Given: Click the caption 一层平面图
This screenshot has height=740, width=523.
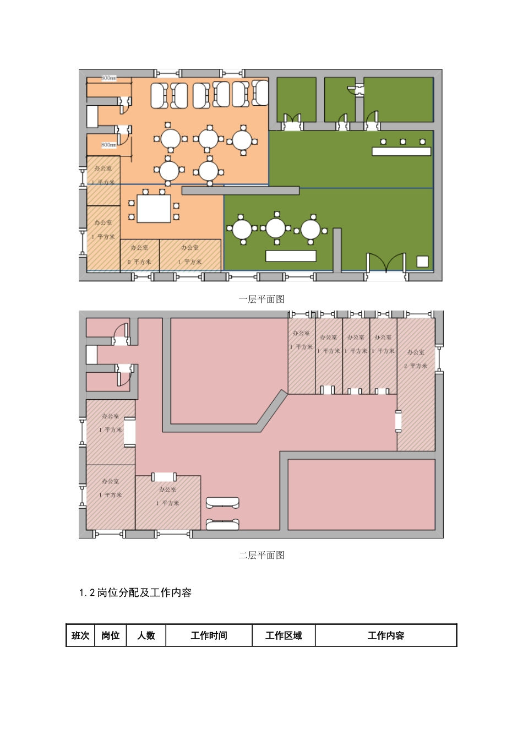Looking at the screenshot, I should coord(261,299).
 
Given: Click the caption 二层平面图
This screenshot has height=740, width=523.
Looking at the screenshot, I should coord(261,555).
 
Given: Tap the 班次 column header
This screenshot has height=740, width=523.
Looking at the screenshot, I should coord(80,635).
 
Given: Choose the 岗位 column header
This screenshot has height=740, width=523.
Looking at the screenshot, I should coord(111,635).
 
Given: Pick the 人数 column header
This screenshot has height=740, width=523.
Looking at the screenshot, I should coord(146,635).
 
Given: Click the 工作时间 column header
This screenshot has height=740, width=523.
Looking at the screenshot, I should coord(209,635).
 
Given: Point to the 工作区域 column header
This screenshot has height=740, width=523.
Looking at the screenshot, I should coord(284,635).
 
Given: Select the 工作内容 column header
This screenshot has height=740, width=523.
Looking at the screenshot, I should coord(386,635).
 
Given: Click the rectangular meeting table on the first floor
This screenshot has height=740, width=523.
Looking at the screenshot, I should coord(154,209).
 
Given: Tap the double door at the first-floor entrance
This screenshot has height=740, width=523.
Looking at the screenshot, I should coord(386,263).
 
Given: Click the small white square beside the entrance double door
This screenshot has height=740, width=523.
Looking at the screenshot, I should coord(422,262).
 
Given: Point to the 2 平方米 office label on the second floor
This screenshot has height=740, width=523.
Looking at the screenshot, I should coord(416,366).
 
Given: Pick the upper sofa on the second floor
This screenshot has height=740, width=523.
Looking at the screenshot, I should coord(222,502).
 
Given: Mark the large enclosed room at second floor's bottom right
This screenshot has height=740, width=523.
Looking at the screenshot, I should coord(361,494).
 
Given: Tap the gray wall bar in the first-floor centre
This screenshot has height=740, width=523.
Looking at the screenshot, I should coord(241,191).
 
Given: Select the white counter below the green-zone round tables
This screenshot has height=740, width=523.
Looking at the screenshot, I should coord(291,255).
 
